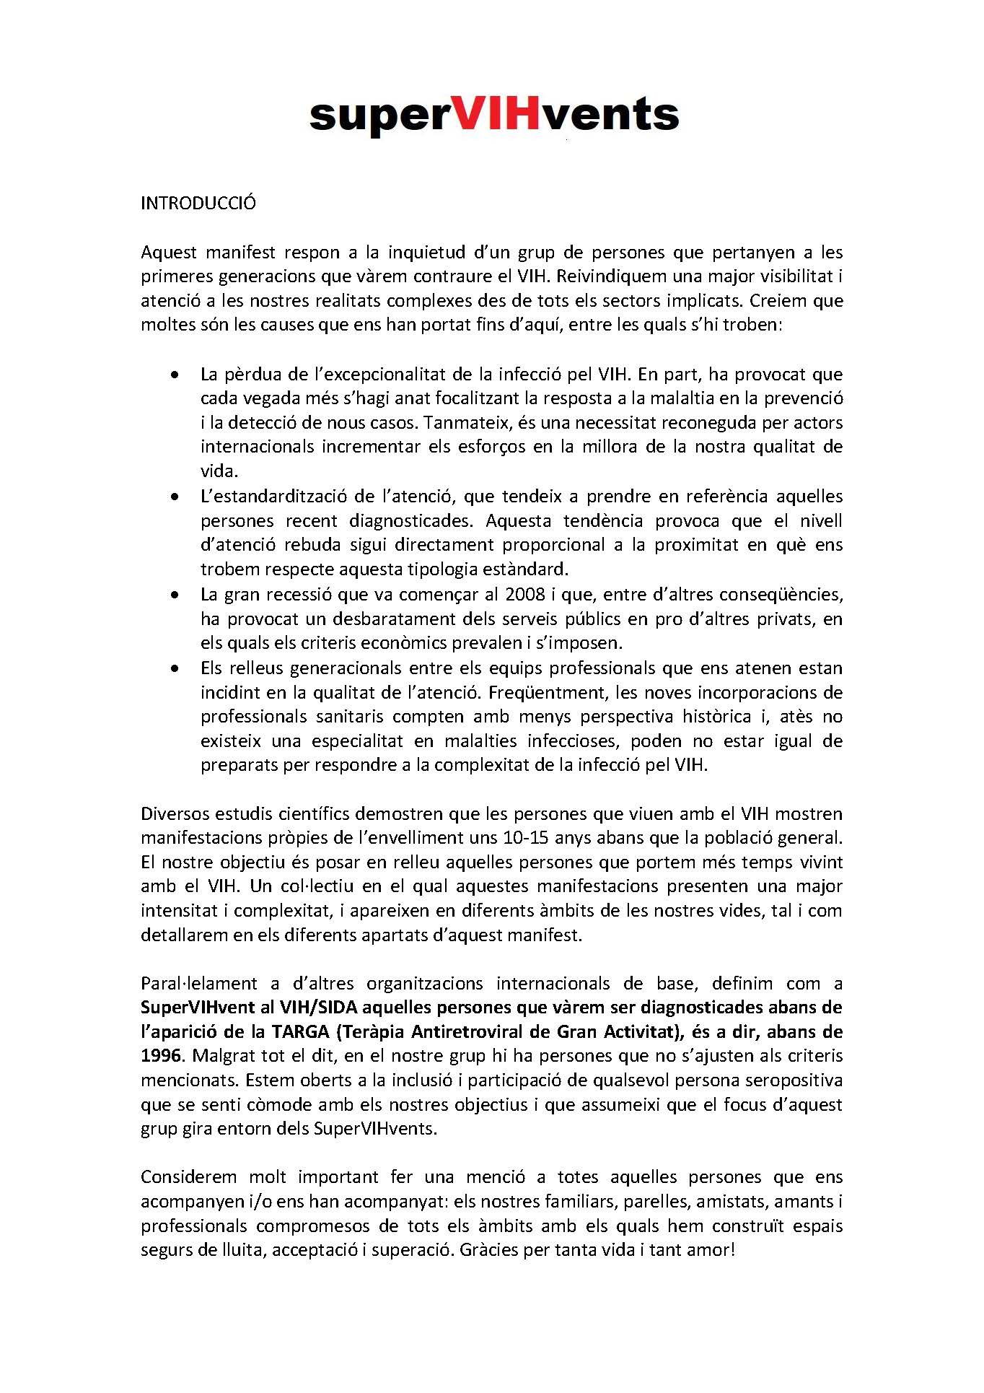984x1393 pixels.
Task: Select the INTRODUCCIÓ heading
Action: pos(198,203)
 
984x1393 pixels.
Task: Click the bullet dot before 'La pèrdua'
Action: pos(174,375)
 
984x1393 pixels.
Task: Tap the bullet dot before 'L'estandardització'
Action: pos(174,497)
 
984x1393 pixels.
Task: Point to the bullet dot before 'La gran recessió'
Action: pos(174,595)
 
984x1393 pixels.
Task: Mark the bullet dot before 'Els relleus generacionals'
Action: pos(174,669)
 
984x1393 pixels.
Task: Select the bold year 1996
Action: pos(161,1055)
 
